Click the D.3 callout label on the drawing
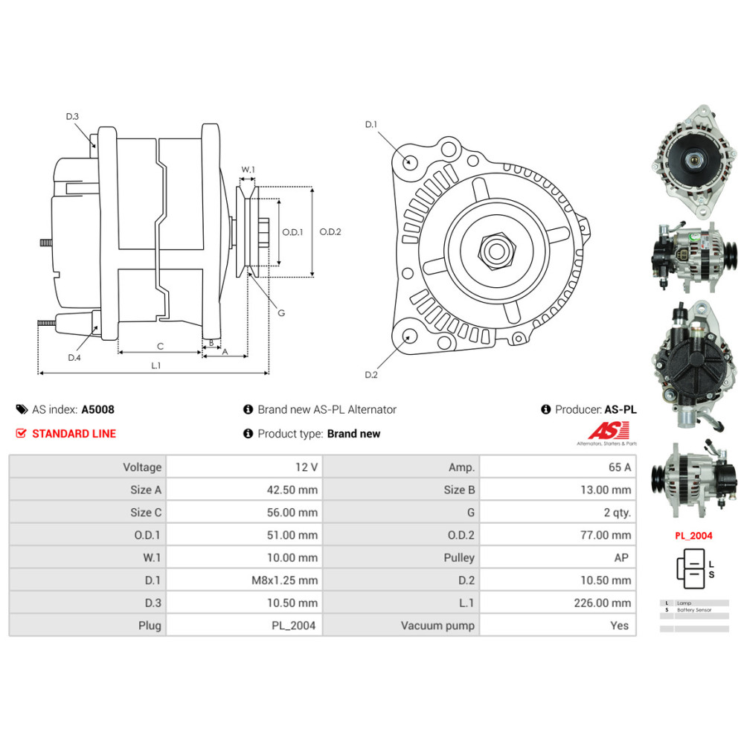(x=72, y=117)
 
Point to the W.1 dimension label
(x=248, y=170)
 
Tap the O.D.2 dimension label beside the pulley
(x=330, y=231)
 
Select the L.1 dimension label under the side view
(x=155, y=365)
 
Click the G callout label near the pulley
(x=281, y=313)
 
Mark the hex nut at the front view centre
(x=495, y=249)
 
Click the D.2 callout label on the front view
(x=371, y=374)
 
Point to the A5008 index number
(x=98, y=409)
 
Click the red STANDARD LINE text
(x=74, y=434)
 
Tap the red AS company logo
(x=609, y=431)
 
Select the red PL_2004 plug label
(x=693, y=536)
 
